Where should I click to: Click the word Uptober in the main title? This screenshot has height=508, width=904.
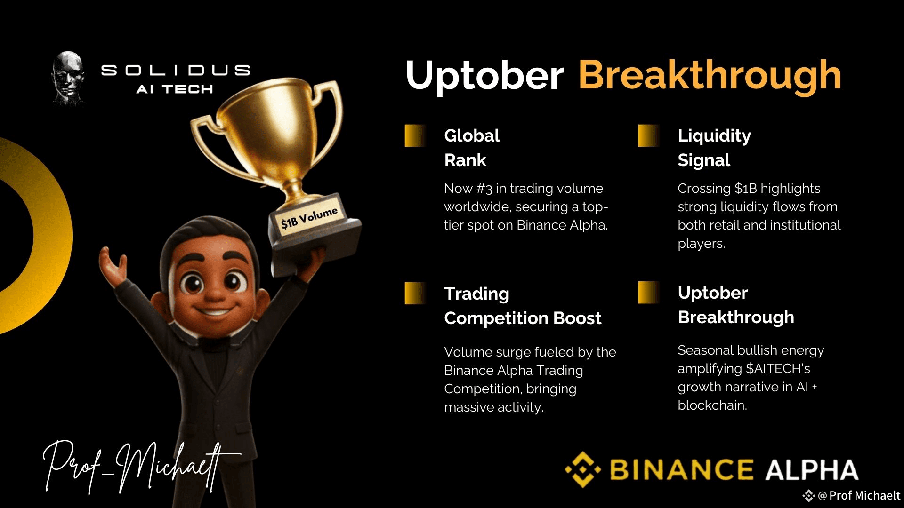(x=484, y=75)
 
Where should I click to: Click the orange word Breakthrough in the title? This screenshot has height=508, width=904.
(x=710, y=75)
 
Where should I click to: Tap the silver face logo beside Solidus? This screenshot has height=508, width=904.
(x=68, y=77)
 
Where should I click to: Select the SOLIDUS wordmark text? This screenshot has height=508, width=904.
(x=176, y=71)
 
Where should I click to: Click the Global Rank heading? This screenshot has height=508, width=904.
(x=472, y=148)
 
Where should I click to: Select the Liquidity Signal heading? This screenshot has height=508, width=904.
(x=714, y=148)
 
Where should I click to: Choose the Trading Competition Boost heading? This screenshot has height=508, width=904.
(x=523, y=306)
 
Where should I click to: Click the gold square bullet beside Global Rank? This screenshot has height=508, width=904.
(x=416, y=135)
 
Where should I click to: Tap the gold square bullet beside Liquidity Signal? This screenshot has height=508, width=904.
(x=649, y=135)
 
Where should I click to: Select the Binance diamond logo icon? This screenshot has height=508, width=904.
(x=583, y=469)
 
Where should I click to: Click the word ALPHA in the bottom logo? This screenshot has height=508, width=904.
(x=811, y=469)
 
